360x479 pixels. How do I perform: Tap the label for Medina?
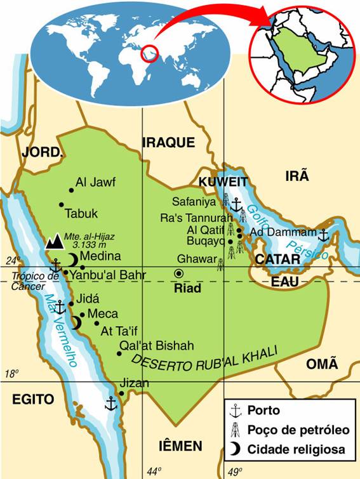coord(100,256)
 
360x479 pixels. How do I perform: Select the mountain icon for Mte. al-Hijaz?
coord(55,241)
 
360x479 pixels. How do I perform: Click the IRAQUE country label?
coord(168,142)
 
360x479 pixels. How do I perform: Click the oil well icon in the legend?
coord(235,430)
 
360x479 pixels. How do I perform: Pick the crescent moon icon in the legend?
coord(235,449)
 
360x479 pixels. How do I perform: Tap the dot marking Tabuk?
coord(62,204)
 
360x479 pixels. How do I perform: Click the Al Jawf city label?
coord(95,183)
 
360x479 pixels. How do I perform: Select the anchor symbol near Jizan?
coord(111,403)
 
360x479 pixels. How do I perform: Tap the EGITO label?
coord(32,398)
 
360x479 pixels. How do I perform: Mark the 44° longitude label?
coord(154,471)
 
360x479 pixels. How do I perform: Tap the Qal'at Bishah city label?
coord(156,345)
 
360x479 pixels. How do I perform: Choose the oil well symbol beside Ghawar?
coord(220,263)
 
